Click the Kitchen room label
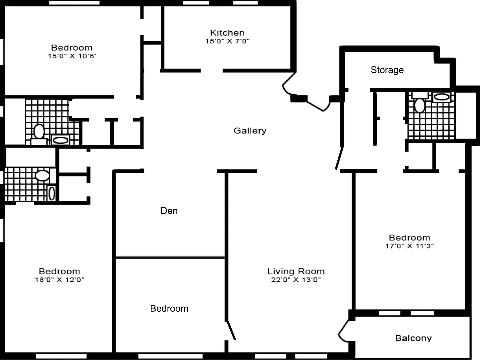227,33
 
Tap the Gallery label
250,131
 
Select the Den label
169,211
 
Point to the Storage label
387,70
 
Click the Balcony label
413,338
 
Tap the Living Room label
296,271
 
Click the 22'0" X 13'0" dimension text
296,280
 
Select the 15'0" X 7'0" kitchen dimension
227,41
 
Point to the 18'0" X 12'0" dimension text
59,280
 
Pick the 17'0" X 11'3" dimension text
409,246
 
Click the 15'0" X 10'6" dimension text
72,56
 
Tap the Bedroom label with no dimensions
169,308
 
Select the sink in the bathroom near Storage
442,97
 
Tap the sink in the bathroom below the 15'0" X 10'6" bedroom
60,140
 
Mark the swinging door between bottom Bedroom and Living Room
231,330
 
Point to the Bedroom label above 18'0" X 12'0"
59,271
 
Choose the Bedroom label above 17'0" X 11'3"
409,238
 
